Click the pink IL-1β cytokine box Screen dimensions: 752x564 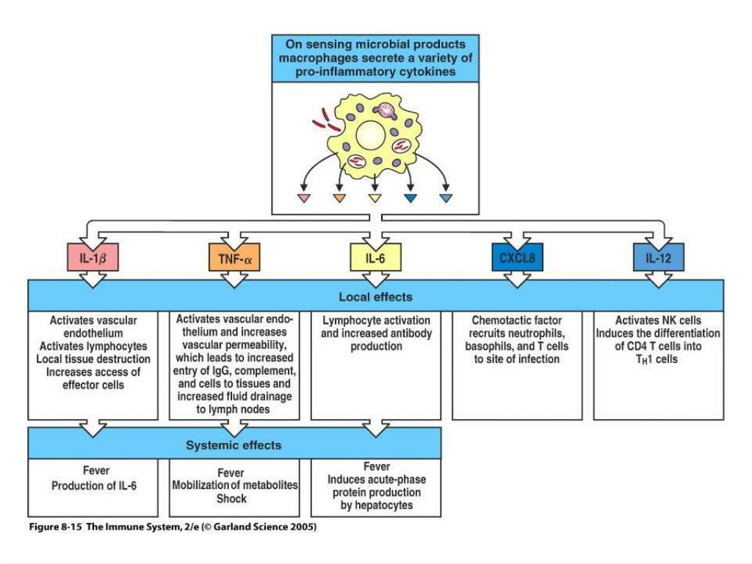pos(93,258)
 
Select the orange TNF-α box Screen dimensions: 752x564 pos(234,258)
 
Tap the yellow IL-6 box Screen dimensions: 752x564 pos(375,258)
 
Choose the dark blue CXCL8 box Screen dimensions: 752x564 pos(517,258)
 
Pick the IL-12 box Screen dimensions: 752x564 pos(659,258)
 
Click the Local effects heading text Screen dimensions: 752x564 pos(375,297)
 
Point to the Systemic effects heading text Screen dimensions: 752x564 pos(234,445)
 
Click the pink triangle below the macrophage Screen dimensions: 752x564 pos(303,198)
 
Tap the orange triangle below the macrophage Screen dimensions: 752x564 pos(339,198)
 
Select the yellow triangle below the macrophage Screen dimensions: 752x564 pos(375,198)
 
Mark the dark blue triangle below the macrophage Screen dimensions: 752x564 pos(411,198)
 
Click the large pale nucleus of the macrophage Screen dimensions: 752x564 pos(371,135)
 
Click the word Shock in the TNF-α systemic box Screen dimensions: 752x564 pos(231,499)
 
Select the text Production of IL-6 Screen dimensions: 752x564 pos(94,486)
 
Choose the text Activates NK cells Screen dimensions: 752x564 pos(659,320)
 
